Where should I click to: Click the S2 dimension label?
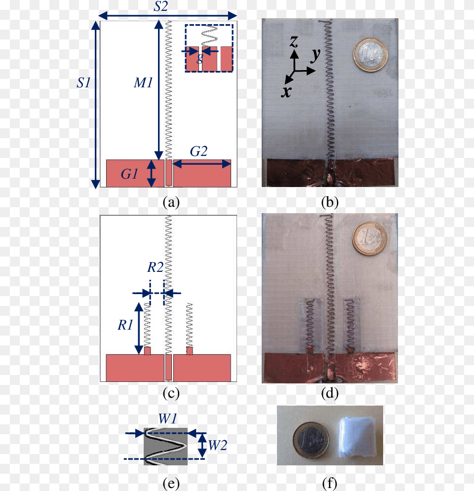(160, 6)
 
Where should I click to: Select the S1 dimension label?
(83, 83)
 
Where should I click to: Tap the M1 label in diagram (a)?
(143, 83)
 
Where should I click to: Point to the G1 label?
(129, 174)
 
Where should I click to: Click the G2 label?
(198, 151)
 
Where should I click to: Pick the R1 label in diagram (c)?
(125, 325)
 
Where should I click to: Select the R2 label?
(156, 267)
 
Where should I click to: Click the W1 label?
(167, 418)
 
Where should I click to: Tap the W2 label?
(217, 445)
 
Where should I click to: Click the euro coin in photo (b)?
(370, 55)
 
